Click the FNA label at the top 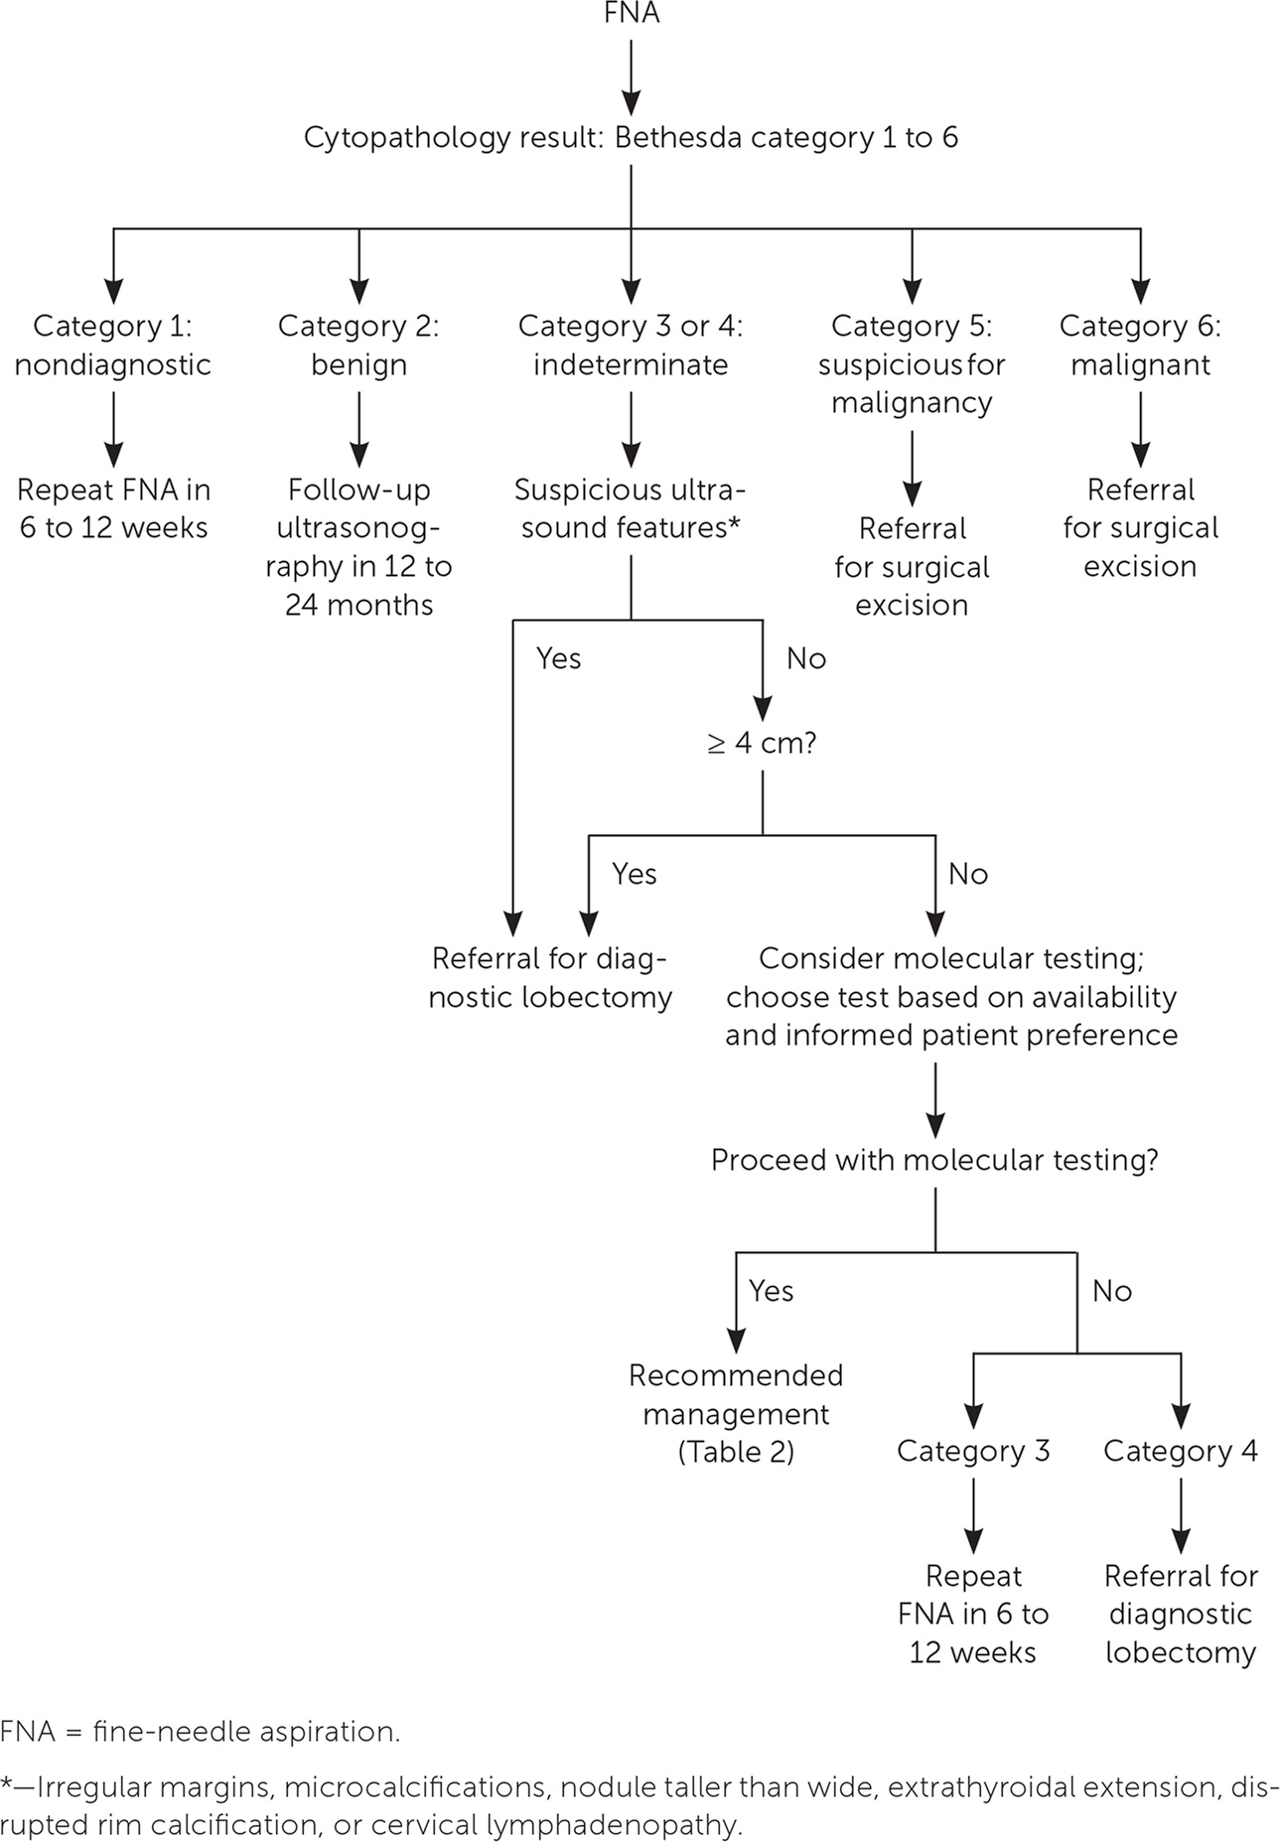[632, 14]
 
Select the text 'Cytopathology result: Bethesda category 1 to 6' [631, 137]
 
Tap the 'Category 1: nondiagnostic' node [113, 345]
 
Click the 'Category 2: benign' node [358, 345]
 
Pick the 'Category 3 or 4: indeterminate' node [631, 345]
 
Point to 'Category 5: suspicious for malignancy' [912, 363]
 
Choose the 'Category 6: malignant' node [1140, 345]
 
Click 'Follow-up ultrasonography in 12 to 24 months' [358, 546]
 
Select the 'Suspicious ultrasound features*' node [631, 508]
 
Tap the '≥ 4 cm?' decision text [762, 743]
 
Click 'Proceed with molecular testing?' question [934, 1160]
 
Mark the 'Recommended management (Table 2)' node [736, 1413]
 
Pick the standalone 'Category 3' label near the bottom [973, 1451]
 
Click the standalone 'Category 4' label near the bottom [1180, 1451]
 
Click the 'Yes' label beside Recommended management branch [771, 1291]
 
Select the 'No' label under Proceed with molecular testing [1112, 1291]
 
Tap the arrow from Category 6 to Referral [1140, 428]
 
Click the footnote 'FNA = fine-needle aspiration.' [201, 1732]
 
